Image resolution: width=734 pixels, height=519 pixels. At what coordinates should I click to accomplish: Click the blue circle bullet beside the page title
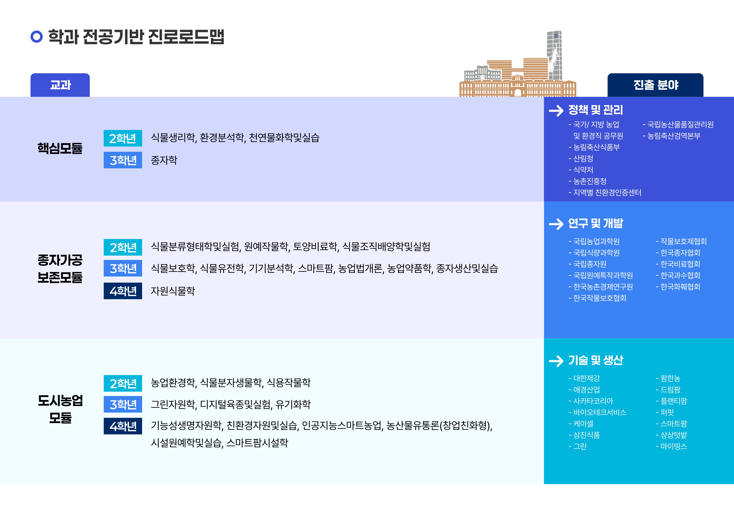pos(36,36)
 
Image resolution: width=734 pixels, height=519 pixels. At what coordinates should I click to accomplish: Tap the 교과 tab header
pos(60,85)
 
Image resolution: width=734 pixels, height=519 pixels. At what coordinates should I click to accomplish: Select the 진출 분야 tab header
pos(655,85)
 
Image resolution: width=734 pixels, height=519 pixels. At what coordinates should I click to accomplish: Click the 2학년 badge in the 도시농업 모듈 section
pos(123,383)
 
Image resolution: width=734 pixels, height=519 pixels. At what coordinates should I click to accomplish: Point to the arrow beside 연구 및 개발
pos(556,224)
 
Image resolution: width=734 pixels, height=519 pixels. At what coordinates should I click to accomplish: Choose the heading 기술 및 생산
pos(596,360)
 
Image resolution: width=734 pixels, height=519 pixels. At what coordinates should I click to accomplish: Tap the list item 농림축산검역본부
pos(672,136)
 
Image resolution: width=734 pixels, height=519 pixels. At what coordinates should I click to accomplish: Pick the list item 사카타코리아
pos(591,401)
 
